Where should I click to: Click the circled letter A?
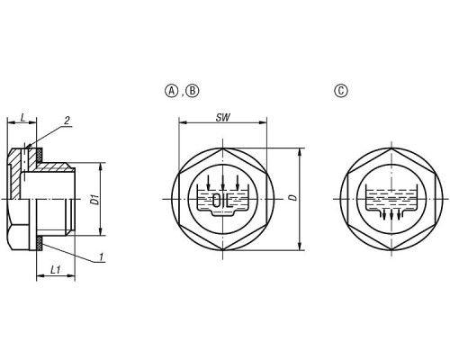point(172,91)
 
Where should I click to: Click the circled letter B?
point(193,91)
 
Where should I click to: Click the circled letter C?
point(341,91)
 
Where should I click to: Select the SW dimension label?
point(223,118)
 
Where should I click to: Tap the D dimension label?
point(294,197)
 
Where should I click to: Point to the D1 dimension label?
point(95,200)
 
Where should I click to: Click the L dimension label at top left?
point(22,118)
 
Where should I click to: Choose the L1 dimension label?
point(55,270)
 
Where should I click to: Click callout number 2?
point(67,121)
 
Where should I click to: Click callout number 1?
point(102,256)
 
